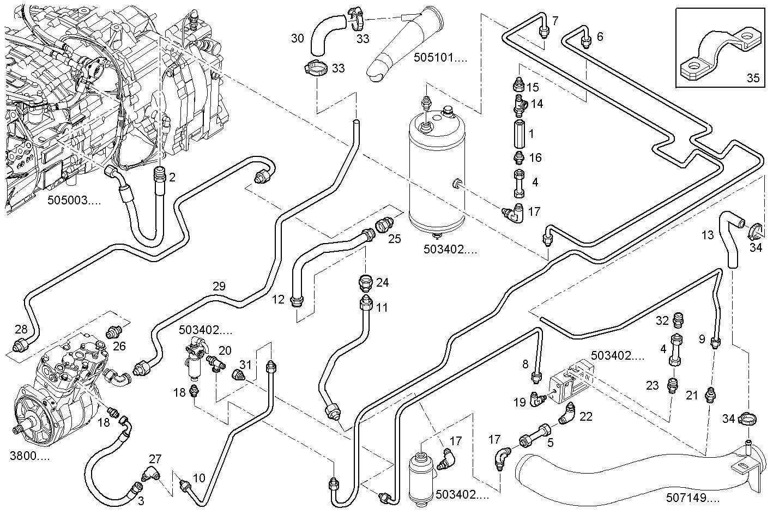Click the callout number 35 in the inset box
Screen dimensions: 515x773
click(752, 78)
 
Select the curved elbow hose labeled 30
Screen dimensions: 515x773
click(325, 35)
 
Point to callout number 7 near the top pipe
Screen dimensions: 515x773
click(555, 21)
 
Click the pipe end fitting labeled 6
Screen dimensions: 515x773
click(586, 41)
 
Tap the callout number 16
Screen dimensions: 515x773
click(535, 157)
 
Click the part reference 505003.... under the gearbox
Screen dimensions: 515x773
click(74, 200)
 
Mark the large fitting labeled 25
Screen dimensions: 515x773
click(383, 224)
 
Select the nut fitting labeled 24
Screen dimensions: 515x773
click(365, 283)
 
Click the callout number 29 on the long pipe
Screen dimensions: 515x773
click(219, 286)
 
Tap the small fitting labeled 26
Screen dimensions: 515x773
click(113, 331)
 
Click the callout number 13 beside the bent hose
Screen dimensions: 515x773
click(707, 235)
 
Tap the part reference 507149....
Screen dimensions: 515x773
click(692, 498)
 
